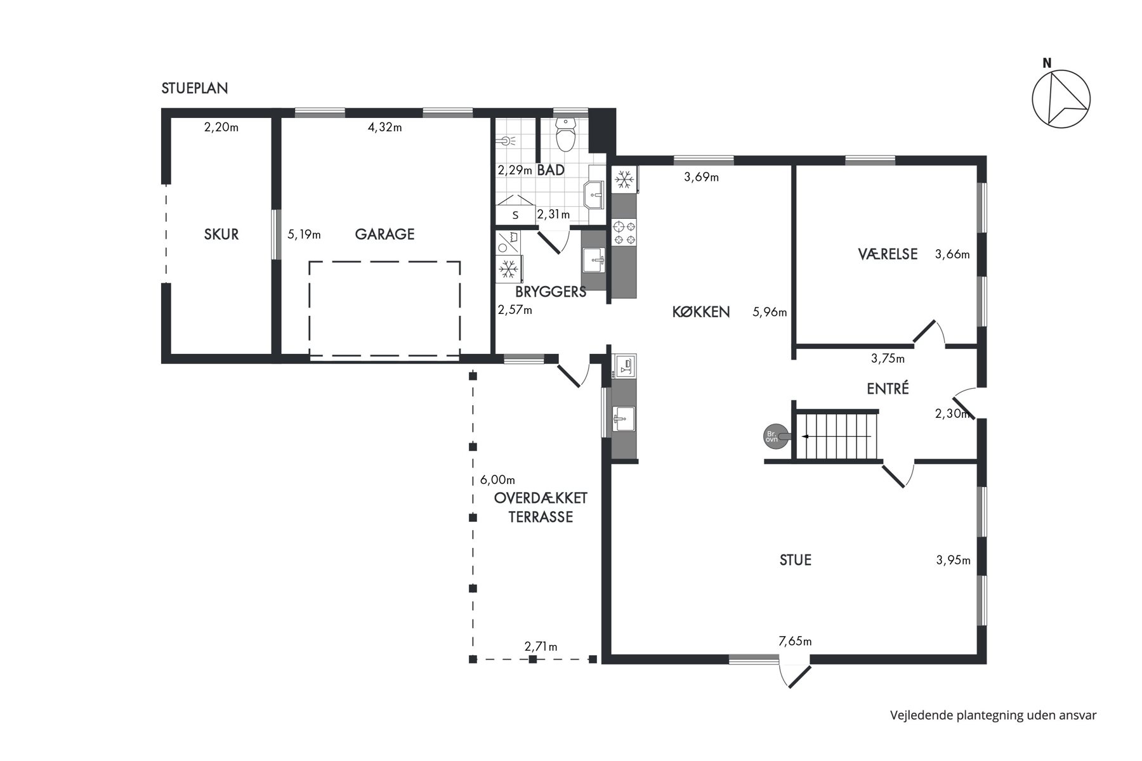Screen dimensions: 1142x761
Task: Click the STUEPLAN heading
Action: coord(195,88)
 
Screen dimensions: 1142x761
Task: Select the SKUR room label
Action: coord(221,234)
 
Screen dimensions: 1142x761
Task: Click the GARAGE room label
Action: coord(384,234)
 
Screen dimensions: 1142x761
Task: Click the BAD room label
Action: coord(551,170)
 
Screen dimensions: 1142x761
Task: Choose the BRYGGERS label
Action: coord(551,292)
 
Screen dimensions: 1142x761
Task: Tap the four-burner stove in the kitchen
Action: coord(624,233)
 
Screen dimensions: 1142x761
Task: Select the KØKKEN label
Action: coord(701,312)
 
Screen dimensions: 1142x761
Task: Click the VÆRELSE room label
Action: coord(888,254)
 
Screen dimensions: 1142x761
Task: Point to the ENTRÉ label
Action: coord(888,388)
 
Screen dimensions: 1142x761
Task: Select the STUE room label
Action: coord(796,560)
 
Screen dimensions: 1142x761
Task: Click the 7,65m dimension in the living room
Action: coord(795,641)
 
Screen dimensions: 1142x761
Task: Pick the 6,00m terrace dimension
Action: coord(497,479)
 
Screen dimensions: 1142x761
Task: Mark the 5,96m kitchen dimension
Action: coord(770,312)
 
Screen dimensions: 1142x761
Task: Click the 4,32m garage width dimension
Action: coord(385,127)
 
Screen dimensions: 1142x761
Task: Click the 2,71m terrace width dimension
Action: coord(541,647)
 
